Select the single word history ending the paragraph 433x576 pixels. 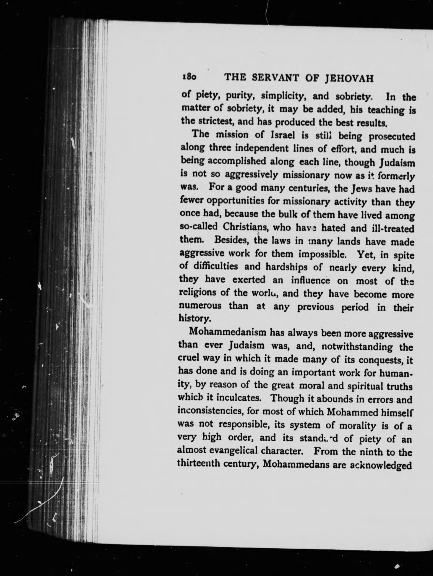[x=195, y=319]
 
